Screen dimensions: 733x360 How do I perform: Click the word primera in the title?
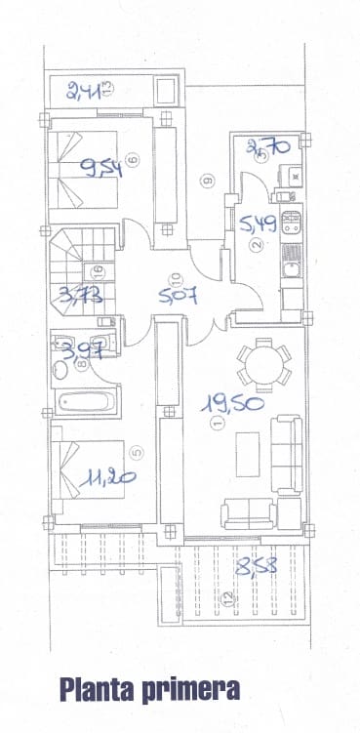(x=191, y=691)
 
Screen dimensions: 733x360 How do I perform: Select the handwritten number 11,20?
(x=109, y=477)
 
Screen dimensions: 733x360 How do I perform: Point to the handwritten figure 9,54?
(x=101, y=169)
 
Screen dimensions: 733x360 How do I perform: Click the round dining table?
(x=262, y=366)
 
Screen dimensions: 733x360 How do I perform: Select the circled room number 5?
(x=137, y=452)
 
